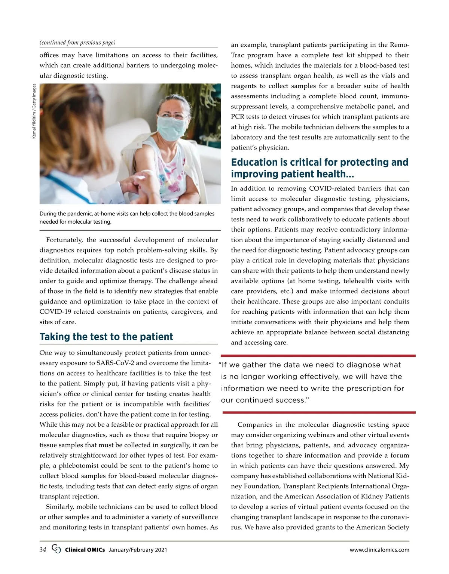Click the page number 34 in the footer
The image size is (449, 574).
click(43, 550)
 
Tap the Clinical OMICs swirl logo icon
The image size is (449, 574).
click(56, 549)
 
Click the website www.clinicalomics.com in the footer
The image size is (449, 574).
click(379, 550)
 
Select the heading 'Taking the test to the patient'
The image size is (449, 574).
click(106, 337)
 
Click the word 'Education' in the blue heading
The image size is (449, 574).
click(254, 162)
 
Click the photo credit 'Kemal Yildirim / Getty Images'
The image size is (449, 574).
click(34, 111)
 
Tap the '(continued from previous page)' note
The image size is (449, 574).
click(77, 43)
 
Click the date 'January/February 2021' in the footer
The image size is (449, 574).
click(138, 550)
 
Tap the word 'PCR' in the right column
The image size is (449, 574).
click(238, 117)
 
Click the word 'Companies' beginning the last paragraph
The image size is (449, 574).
click(255, 425)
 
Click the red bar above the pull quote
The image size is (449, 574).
click(318, 356)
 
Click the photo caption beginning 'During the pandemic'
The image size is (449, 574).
click(127, 218)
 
